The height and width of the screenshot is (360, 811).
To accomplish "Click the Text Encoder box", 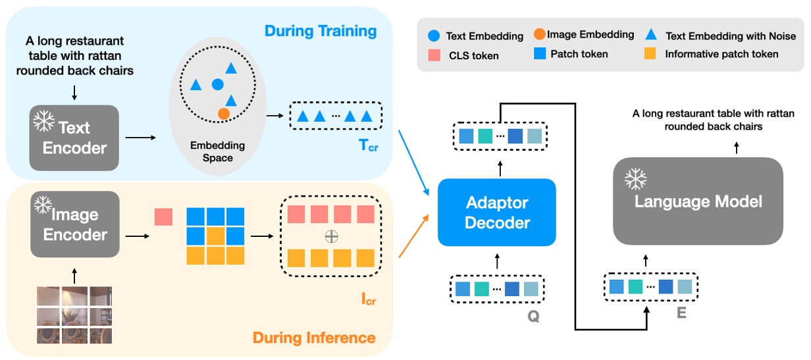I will coord(74,137).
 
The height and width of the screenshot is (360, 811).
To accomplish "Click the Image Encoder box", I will coord(74,224).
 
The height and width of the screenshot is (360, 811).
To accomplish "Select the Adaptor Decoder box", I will coord(497,211).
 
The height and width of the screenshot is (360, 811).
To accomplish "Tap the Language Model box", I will coord(698,201).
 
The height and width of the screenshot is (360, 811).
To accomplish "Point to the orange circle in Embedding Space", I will coord(224,114).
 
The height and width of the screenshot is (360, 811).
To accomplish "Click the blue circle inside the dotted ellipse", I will coord(217,84).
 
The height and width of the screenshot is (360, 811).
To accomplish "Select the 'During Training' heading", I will coord(320,31).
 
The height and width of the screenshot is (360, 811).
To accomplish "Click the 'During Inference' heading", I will coord(322,338).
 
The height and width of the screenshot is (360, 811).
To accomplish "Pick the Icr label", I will coord(369,301).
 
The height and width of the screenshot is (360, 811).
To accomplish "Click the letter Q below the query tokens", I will coord(533,317).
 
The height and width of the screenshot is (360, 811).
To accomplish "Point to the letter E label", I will coord(681,314).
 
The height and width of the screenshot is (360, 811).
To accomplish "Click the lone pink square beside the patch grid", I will coord(163,217).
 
